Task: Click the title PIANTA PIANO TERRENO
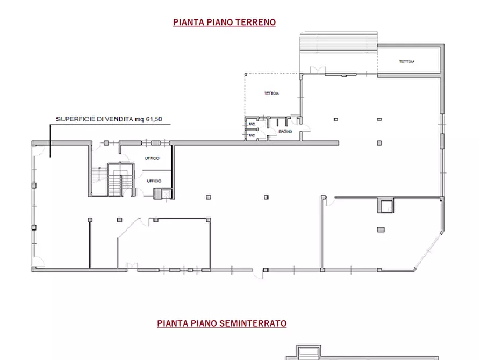[224, 22]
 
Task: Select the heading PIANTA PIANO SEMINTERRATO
[221, 323]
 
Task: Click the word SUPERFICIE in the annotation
[75, 120]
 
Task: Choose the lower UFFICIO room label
[154, 181]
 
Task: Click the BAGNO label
[285, 132]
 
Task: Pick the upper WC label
[251, 124]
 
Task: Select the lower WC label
[251, 135]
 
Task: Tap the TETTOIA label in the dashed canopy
[271, 93]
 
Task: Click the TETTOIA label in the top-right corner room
[406, 61]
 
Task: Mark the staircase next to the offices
[115, 180]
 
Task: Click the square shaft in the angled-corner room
[385, 205]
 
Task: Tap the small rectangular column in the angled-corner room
[381, 229]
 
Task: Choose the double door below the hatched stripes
[318, 69]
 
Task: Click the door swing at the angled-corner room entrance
[328, 200]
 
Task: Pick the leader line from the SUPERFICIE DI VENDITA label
[51, 140]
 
